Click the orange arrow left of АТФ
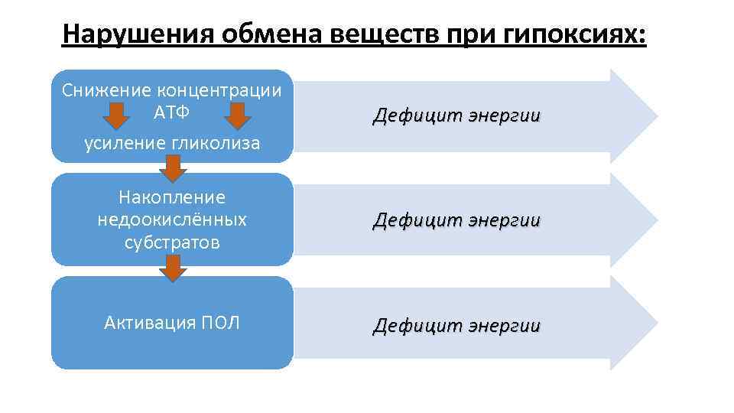coord(115,116)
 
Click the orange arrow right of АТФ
coord(238,116)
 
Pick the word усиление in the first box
coord(120,143)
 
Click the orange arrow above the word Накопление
coord(174,167)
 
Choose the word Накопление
coord(172,197)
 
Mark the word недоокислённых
coord(172,220)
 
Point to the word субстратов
coord(172,243)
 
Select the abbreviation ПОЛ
coord(219,323)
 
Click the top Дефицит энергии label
coord(456,116)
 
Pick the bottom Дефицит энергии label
coord(456,326)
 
